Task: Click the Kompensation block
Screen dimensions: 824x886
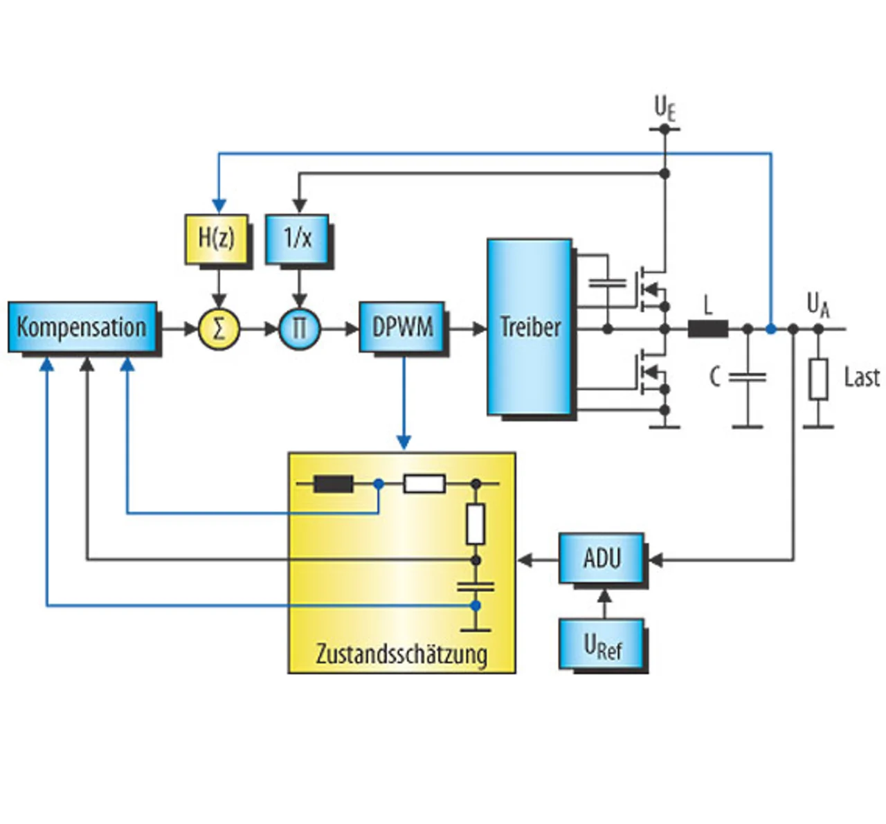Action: (x=82, y=327)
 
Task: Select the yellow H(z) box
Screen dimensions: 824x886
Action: (x=217, y=238)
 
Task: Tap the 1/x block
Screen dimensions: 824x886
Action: (x=297, y=238)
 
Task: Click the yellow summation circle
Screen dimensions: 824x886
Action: (x=219, y=328)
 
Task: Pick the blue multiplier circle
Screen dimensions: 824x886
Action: (x=299, y=328)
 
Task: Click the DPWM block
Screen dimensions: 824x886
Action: (x=402, y=327)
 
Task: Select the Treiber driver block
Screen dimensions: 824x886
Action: (x=530, y=327)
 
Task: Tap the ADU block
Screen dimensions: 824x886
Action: (x=602, y=558)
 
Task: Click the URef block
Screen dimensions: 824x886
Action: (x=602, y=645)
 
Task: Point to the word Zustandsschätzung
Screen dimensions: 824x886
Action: (x=401, y=654)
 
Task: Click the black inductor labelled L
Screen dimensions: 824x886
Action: (x=707, y=329)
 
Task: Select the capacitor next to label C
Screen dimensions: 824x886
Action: (x=748, y=377)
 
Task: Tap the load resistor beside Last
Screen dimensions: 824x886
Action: (x=818, y=379)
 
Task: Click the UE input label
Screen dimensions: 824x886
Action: (x=664, y=108)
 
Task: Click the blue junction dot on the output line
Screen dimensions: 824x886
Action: (x=770, y=329)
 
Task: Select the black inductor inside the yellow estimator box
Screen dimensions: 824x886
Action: (x=334, y=484)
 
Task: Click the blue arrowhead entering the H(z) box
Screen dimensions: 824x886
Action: (x=219, y=206)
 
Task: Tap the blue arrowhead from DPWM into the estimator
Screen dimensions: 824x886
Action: (x=404, y=442)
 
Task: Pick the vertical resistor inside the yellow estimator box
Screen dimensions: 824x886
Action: (x=476, y=523)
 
